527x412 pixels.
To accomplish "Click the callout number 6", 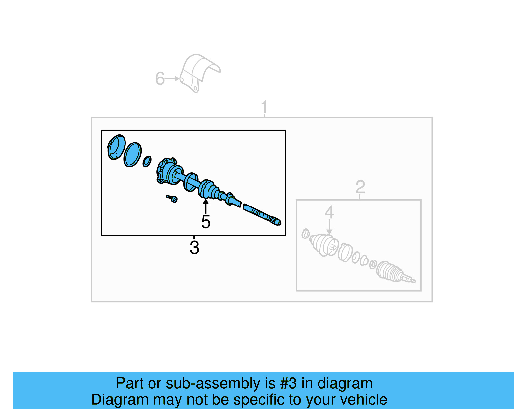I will point(160,79).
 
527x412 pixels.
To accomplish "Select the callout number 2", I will point(360,187).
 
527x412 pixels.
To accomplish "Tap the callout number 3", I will point(194,248).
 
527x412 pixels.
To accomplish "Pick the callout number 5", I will point(206,222).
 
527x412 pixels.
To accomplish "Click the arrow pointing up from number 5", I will point(206,206).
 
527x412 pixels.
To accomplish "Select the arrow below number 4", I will point(329,228).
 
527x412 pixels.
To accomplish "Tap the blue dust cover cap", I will point(116,147).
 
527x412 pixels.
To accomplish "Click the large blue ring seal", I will point(132,154).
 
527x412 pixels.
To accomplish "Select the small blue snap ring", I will point(147,161).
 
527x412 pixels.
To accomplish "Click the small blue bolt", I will point(172,198).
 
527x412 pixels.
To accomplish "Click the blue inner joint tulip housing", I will point(167,171).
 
